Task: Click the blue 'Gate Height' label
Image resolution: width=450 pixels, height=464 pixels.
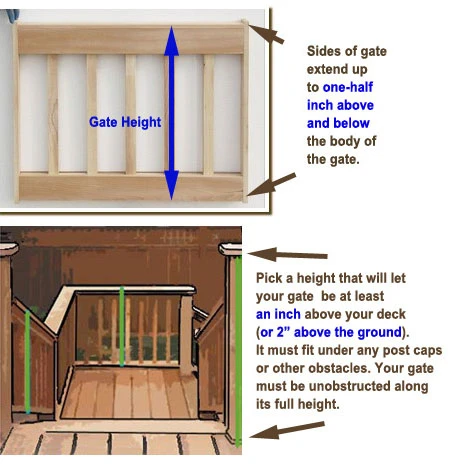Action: click(x=125, y=122)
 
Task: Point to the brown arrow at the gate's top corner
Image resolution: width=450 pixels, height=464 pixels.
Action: click(x=267, y=34)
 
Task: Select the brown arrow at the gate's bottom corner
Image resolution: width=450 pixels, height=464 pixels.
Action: click(x=271, y=184)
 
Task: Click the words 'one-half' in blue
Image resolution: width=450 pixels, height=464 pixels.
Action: click(x=348, y=87)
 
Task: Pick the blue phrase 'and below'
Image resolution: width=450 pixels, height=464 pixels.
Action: click(x=338, y=123)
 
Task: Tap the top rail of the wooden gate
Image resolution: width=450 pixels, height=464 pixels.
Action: click(x=131, y=39)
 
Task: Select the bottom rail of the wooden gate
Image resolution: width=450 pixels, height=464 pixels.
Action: click(x=131, y=187)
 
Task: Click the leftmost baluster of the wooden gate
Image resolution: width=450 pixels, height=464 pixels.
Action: click(x=53, y=114)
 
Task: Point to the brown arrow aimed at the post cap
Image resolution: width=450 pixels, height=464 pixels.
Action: click(x=288, y=255)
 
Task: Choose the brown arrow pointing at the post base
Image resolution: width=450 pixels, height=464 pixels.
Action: click(x=287, y=430)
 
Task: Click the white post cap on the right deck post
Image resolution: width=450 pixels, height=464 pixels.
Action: click(x=230, y=249)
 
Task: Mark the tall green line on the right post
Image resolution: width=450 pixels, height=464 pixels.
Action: click(x=238, y=352)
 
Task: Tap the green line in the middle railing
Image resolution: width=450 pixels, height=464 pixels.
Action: click(x=122, y=327)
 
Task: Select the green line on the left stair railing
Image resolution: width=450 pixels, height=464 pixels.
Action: click(x=28, y=362)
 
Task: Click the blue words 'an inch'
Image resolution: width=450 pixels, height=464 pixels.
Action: click(x=278, y=314)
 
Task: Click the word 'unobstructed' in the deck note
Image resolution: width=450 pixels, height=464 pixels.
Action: click(x=349, y=386)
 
